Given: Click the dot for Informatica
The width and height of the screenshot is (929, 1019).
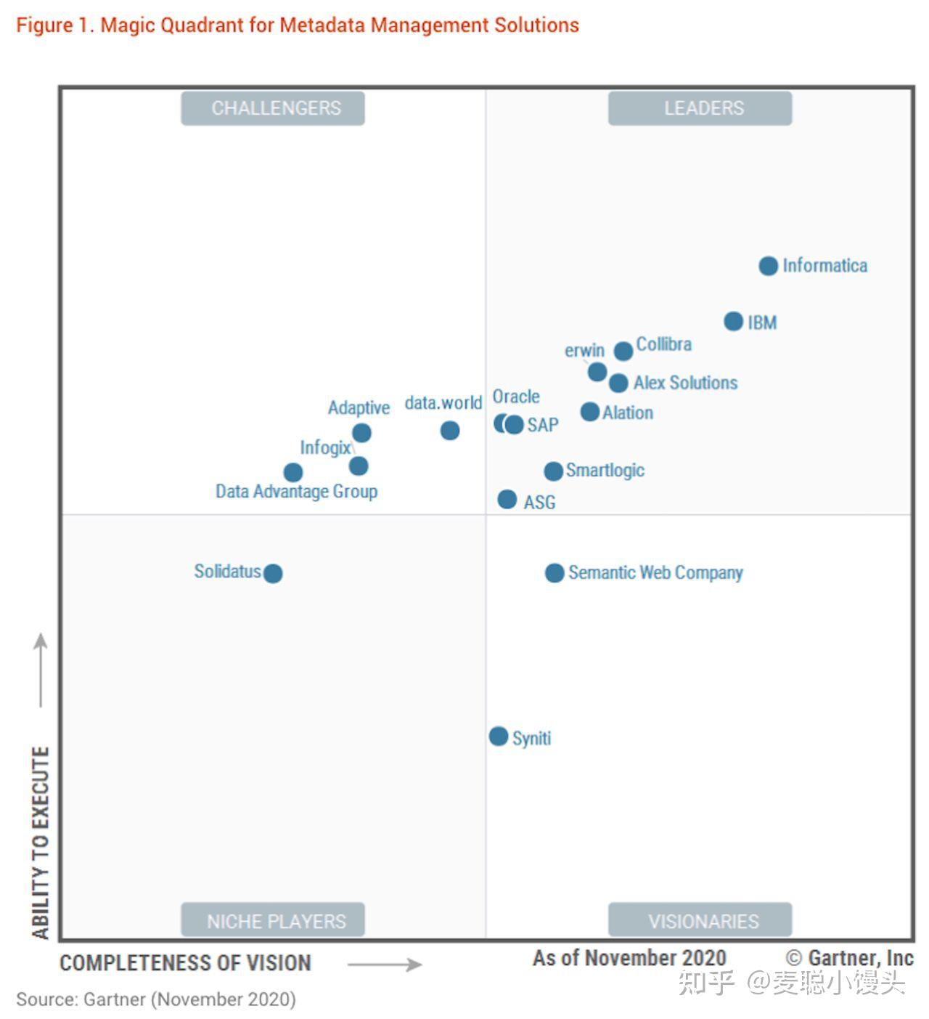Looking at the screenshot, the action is pyautogui.click(x=768, y=266).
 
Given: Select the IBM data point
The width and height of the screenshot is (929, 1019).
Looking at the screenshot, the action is pyautogui.click(x=733, y=321).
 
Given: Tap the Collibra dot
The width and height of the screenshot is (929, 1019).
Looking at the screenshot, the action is pyautogui.click(x=623, y=351).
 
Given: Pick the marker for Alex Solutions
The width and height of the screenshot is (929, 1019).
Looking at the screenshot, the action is pyautogui.click(x=618, y=383).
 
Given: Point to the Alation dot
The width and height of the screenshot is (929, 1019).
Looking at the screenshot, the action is pyautogui.click(x=589, y=412).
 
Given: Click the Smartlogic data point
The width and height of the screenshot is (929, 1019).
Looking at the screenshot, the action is pyautogui.click(x=553, y=471).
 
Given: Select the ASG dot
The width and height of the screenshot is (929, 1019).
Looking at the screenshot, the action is pyautogui.click(x=507, y=500).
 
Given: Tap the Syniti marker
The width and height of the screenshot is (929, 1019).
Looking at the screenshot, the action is pyautogui.click(x=498, y=736).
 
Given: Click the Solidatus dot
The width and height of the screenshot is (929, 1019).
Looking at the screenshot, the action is pyautogui.click(x=273, y=574).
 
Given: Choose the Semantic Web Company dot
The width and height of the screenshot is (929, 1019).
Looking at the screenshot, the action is pyautogui.click(x=554, y=573).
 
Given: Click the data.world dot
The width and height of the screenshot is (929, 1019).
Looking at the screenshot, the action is pyautogui.click(x=449, y=431).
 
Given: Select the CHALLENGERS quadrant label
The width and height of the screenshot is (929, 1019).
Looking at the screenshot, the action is pyautogui.click(x=273, y=108).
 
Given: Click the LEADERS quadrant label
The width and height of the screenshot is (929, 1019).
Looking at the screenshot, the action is pyautogui.click(x=700, y=108).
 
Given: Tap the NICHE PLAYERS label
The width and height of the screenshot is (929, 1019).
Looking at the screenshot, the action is pyautogui.click(x=273, y=919).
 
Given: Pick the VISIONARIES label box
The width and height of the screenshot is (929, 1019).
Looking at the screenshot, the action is pyautogui.click(x=700, y=919).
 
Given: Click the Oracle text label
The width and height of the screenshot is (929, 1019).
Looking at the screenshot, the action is pyautogui.click(x=516, y=397).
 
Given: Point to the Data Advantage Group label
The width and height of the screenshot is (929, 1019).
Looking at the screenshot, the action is pyautogui.click(x=296, y=491).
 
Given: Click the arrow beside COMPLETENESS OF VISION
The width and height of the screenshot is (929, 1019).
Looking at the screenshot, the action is pyautogui.click(x=384, y=964).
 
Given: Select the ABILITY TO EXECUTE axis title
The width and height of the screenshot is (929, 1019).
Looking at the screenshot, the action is pyautogui.click(x=41, y=843).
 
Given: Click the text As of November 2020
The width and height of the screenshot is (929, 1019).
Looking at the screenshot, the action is pyautogui.click(x=629, y=958).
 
